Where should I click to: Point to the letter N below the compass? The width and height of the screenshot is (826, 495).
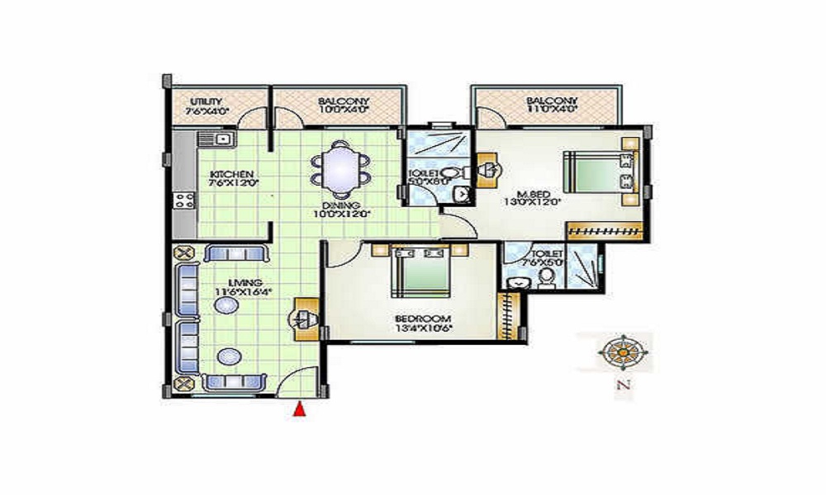[626, 385]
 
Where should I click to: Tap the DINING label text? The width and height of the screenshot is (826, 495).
[339, 207]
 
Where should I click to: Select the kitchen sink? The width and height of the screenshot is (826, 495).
[223, 139]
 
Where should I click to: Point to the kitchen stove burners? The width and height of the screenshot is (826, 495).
[184, 200]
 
